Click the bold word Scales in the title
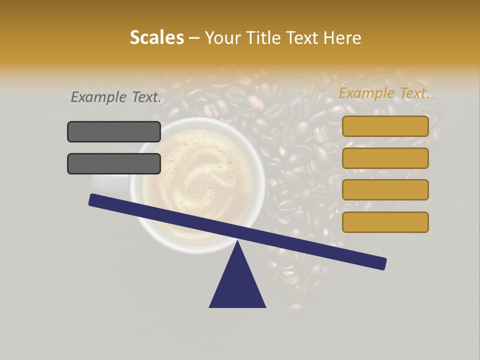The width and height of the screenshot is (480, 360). [156, 37]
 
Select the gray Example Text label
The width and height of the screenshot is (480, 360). [116, 97]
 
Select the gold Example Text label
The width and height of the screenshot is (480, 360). [384, 93]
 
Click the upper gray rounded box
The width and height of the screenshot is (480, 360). [114, 131]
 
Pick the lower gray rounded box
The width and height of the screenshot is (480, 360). [114, 163]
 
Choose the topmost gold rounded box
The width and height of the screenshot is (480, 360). [385, 126]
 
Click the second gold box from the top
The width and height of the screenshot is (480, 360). [385, 158]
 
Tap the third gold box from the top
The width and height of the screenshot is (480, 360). [385, 189]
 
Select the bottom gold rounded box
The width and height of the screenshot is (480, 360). [385, 222]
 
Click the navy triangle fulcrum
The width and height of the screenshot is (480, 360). [237, 285]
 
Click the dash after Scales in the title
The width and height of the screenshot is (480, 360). [194, 38]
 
